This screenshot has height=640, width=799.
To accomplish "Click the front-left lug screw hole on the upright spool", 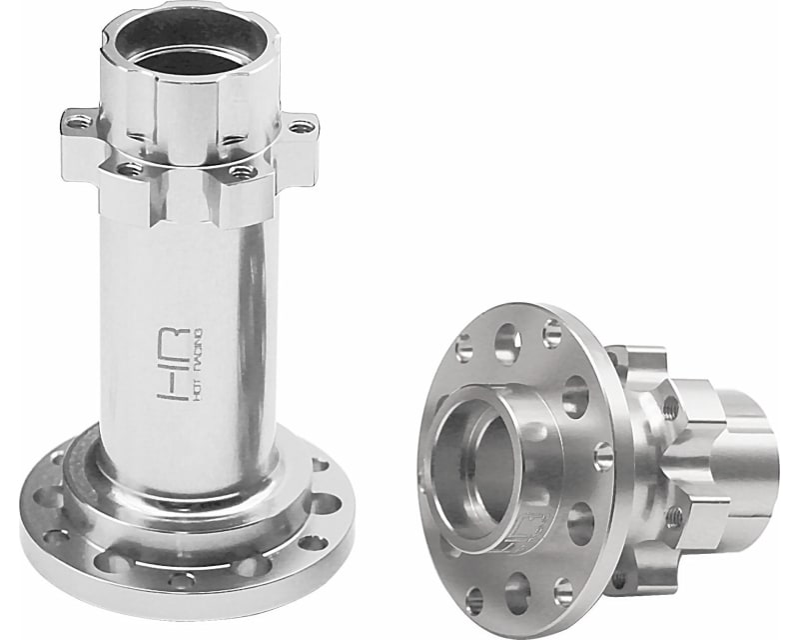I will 130,170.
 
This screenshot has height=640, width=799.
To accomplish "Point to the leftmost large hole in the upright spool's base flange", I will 47,497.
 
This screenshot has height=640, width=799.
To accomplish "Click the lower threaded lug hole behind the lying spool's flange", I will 674,516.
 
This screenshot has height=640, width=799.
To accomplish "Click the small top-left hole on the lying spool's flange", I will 462,349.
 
